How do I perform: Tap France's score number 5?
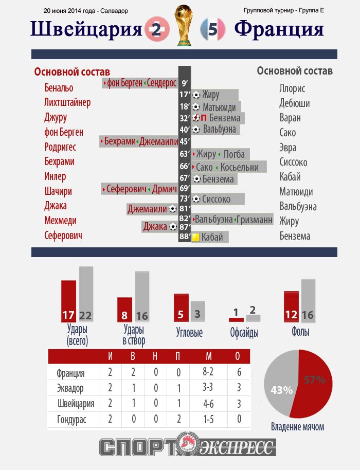coord(212,30)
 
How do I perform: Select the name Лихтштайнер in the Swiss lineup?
coord(67,103)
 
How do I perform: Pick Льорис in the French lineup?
coord(292,88)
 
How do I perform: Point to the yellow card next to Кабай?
coord(196,238)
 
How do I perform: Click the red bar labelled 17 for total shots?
coord(68,301)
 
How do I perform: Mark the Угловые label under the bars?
coord(189,333)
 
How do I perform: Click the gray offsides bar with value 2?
coord(253,318)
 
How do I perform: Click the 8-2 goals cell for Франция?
coord(208,373)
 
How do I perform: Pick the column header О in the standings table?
coord(237,356)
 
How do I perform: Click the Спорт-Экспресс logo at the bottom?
coord(188,447)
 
